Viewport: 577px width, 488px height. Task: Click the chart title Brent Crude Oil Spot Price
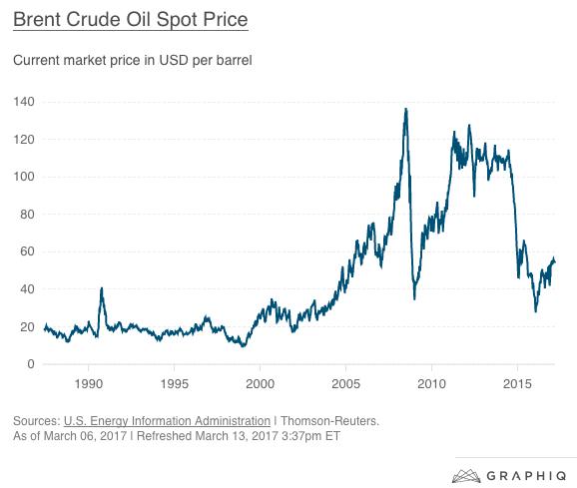pyautogui.click(x=131, y=20)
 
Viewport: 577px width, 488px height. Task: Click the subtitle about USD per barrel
pyautogui.click(x=133, y=60)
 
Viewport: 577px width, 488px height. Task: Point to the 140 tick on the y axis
pyautogui.click(x=24, y=102)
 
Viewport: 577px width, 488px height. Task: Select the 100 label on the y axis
pyautogui.click(x=24, y=177)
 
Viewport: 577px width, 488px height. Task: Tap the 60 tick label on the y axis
pyautogui.click(x=27, y=251)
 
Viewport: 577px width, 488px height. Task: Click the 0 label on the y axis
pyautogui.click(x=31, y=364)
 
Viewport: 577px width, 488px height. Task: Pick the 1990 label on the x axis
pyautogui.click(x=88, y=384)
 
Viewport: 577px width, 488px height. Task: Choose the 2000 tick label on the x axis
pyautogui.click(x=260, y=384)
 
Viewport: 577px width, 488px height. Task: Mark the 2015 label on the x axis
pyautogui.click(x=517, y=384)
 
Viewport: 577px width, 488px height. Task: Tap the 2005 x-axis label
pyautogui.click(x=346, y=384)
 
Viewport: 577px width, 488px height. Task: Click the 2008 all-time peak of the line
pyautogui.click(x=406, y=109)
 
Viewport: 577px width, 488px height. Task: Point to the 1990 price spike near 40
pyautogui.click(x=102, y=288)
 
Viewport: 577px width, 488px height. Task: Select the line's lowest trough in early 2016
pyautogui.click(x=536, y=311)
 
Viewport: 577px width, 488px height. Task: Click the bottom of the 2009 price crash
pyautogui.click(x=414, y=299)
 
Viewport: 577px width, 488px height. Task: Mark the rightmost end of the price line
pyautogui.click(x=555, y=261)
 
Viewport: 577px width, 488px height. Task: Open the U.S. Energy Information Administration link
pyautogui.click(x=167, y=421)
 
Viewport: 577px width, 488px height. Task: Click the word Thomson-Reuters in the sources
pyautogui.click(x=329, y=421)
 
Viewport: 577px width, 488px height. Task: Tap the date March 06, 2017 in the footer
pyautogui.click(x=86, y=436)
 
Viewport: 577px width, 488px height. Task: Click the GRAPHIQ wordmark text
pyautogui.click(x=526, y=476)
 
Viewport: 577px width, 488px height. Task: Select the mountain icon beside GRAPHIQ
pyautogui.click(x=466, y=476)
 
